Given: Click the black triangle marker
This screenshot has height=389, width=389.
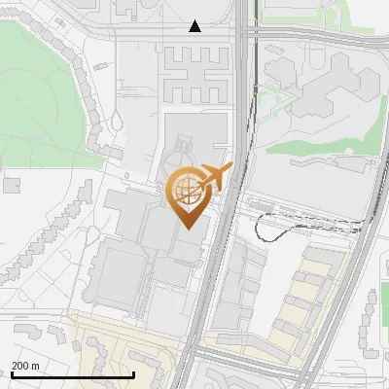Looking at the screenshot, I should tap(195, 26).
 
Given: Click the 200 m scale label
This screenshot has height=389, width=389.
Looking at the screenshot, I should tap(26, 365).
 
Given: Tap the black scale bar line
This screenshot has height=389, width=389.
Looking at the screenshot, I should tap(72, 374).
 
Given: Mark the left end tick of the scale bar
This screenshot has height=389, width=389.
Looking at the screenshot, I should tap(12, 372).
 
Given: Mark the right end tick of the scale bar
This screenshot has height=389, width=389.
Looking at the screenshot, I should tap(133, 372).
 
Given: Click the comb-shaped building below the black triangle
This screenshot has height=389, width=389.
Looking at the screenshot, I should tap(194, 73).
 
